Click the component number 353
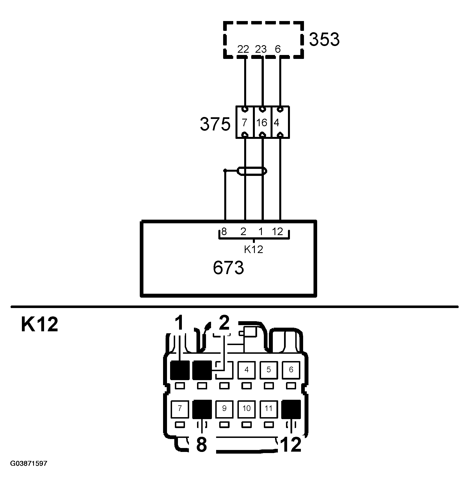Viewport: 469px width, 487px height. coord(324,39)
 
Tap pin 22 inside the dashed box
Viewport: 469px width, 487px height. coord(243,49)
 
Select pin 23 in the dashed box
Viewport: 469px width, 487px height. coord(261,49)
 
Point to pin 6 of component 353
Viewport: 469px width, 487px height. coord(278,49)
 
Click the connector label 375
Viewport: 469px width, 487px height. coord(215,124)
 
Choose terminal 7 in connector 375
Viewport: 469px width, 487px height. coord(244,123)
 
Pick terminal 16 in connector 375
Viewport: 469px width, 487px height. coord(262,123)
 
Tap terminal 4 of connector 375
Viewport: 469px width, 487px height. coord(276,123)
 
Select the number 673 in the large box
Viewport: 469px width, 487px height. coord(228,268)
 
